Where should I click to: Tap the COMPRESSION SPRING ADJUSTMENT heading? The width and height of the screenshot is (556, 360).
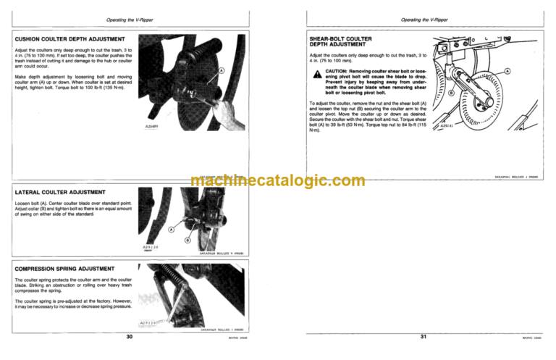(64, 268)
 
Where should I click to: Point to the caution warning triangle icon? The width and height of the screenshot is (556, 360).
(316, 75)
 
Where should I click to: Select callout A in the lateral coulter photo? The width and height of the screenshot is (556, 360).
(171, 230)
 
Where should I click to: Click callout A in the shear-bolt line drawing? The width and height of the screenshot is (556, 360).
(507, 72)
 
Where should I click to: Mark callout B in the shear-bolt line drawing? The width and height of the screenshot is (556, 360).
(451, 93)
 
